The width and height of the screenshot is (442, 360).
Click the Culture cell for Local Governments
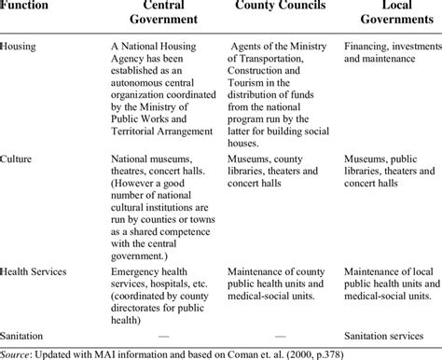click(390, 171)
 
